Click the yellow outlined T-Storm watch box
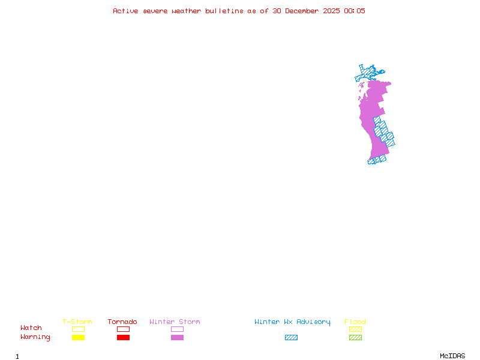[78, 329]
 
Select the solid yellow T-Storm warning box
[78, 337]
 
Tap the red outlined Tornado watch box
[123, 329]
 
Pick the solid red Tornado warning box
[123, 337]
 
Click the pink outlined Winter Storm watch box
[177, 329]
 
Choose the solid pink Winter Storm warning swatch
[177, 337]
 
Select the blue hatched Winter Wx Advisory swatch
[291, 337]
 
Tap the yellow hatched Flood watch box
[355, 329]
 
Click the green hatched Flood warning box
[355, 337]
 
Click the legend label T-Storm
[77, 322]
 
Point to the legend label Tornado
[122, 322]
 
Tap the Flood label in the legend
[355, 322]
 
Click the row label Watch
[31, 328]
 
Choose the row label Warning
[35, 337]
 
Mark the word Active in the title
[126, 11]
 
